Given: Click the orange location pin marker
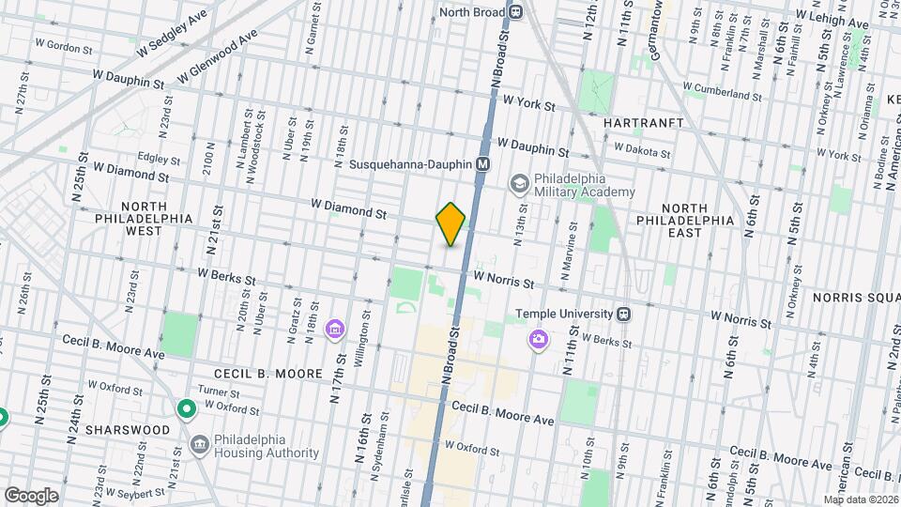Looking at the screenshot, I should [451, 224].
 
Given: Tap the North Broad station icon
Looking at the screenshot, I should [516, 12].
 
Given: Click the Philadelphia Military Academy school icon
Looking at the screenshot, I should [518, 183].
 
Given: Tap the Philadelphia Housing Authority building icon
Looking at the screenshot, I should [199, 444].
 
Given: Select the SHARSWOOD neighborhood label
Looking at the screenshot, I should [132, 429].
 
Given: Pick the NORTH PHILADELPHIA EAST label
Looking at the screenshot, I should [696, 214].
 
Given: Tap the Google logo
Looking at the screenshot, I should [31, 495].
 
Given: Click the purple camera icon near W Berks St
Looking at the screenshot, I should [539, 338].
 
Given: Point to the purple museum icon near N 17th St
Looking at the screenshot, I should [334, 330].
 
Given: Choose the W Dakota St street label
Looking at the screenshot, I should [642, 150].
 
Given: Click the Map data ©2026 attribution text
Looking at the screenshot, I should [861, 499].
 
